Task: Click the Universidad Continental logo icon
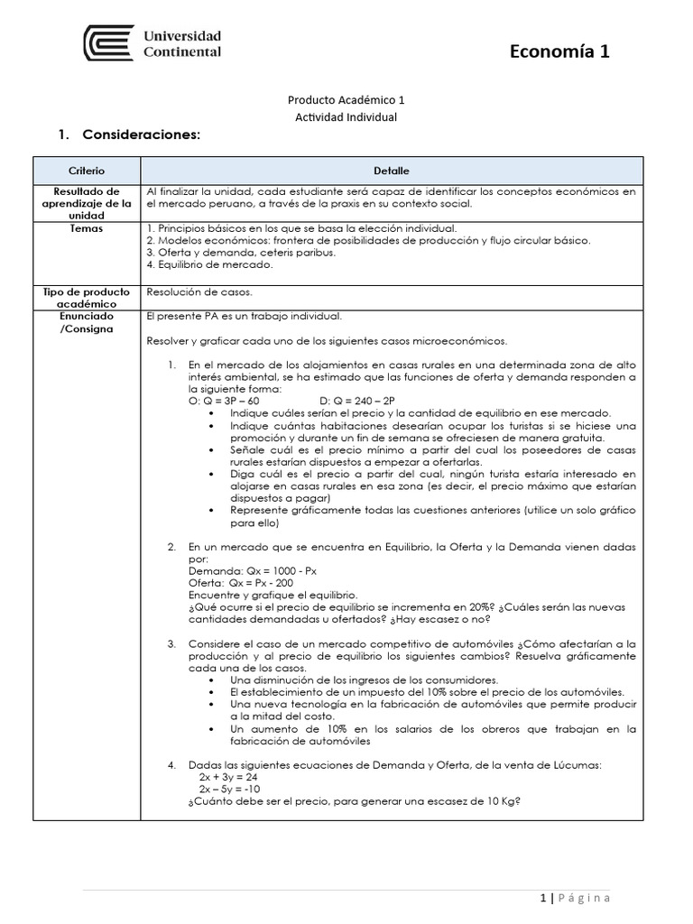click(108, 43)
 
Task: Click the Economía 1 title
click(559, 51)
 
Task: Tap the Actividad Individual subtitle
click(346, 117)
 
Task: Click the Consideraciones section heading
click(140, 135)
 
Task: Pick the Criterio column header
click(87, 171)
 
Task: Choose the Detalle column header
click(392, 171)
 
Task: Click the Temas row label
click(87, 228)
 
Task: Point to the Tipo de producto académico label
click(87, 298)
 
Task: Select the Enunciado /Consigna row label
click(87, 323)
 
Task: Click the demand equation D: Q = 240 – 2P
click(358, 401)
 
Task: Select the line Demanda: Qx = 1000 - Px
click(253, 571)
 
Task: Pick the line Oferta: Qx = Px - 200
click(245, 584)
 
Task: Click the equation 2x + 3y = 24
click(228, 776)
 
